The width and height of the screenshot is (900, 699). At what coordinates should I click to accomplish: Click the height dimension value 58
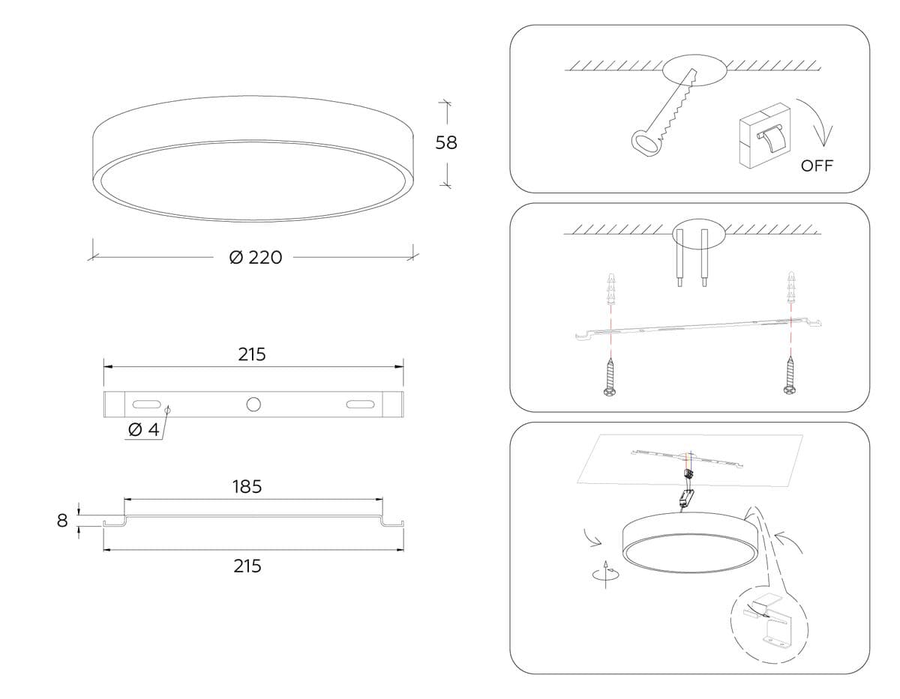click(x=446, y=142)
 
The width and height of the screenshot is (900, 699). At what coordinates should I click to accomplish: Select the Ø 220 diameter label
click(x=256, y=257)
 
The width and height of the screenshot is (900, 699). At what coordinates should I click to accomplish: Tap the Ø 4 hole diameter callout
click(x=144, y=430)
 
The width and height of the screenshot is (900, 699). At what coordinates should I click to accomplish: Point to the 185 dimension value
click(x=247, y=487)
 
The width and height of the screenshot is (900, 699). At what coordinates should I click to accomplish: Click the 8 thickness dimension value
click(x=62, y=521)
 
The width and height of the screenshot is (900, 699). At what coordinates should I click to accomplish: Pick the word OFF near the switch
click(x=817, y=166)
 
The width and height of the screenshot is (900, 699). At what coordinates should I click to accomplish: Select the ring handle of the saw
click(x=644, y=143)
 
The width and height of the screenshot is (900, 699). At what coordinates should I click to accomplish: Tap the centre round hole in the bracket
click(x=253, y=404)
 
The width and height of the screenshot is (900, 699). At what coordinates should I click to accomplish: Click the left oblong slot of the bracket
click(x=146, y=404)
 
